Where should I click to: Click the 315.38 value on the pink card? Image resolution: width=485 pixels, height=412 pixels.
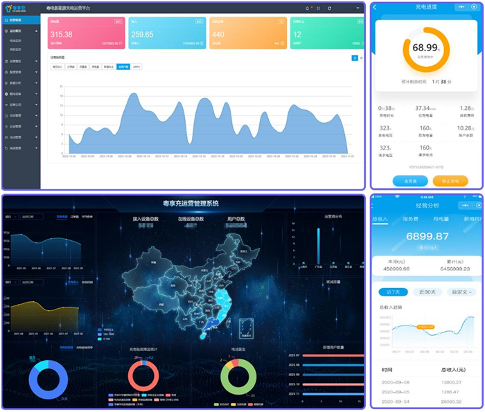pyautogui.click(x=62, y=34)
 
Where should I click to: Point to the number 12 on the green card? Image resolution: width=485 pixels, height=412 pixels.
pyautogui.click(x=297, y=34)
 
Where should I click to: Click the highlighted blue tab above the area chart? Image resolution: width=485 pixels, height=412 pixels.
pyautogui.click(x=123, y=67)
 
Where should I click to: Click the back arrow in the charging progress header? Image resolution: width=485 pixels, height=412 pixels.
pyautogui.click(x=376, y=7)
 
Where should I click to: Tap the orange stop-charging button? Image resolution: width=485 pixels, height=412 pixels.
pyautogui.click(x=450, y=181)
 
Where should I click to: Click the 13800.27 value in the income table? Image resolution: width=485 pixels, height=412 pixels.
pyautogui.click(x=451, y=382)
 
